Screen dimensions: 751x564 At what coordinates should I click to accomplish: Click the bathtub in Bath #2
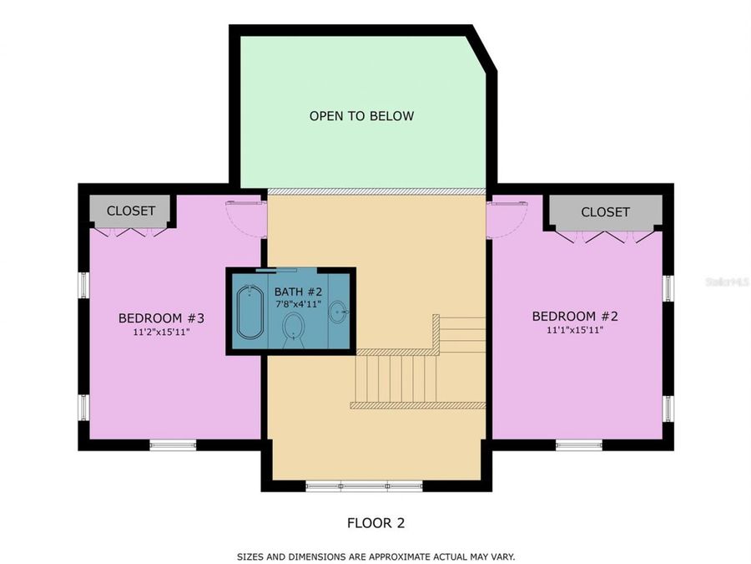pyautogui.click(x=250, y=312)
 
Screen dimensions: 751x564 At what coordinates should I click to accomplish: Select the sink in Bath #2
pyautogui.click(x=339, y=312)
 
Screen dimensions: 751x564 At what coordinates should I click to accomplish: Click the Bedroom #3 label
pyautogui.click(x=161, y=318)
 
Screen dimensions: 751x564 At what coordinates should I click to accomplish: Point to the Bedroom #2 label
pyautogui.click(x=575, y=316)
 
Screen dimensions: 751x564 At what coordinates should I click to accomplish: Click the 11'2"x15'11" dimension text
pyautogui.click(x=161, y=332)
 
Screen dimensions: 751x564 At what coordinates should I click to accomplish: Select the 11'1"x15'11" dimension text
pyautogui.click(x=575, y=330)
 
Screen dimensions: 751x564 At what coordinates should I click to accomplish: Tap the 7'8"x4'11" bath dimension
pyautogui.click(x=298, y=304)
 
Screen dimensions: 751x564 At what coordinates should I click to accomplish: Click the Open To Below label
pyautogui.click(x=361, y=116)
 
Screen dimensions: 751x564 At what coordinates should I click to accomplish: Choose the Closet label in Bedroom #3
pyautogui.click(x=131, y=211)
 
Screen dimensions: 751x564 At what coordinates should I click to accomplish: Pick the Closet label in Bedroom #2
pyautogui.click(x=605, y=212)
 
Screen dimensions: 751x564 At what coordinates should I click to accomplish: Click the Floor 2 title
pyautogui.click(x=376, y=523)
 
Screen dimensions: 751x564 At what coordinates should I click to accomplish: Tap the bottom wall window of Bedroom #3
pyautogui.click(x=173, y=445)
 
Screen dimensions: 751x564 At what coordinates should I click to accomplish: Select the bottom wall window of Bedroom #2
pyautogui.click(x=578, y=445)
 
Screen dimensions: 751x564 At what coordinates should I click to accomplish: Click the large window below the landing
pyautogui.click(x=364, y=486)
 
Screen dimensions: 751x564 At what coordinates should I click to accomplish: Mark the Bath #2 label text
pyautogui.click(x=298, y=292)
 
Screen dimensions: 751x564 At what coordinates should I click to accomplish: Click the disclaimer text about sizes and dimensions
pyautogui.click(x=376, y=556)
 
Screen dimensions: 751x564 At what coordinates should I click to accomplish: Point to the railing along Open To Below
pyautogui.click(x=376, y=191)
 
